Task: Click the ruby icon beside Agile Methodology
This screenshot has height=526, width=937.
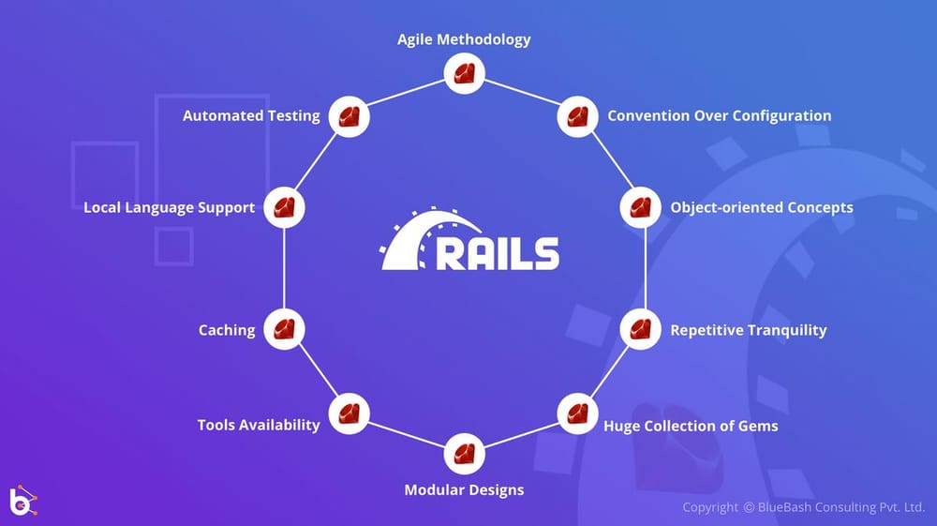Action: point(464,73)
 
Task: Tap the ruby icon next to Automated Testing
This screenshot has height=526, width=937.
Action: point(350,117)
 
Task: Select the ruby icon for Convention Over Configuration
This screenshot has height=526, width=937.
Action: point(577,117)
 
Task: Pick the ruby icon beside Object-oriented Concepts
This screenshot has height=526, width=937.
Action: point(640,207)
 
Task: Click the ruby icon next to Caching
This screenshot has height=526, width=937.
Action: point(284,329)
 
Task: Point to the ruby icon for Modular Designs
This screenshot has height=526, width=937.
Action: point(464,454)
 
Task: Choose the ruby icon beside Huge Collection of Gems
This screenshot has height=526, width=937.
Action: point(577,413)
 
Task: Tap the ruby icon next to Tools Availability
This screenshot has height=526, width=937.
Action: point(350,413)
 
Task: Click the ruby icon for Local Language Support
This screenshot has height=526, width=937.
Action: point(284,207)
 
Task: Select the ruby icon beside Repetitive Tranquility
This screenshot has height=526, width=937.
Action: point(640,329)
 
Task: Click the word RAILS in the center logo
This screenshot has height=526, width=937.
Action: point(498,254)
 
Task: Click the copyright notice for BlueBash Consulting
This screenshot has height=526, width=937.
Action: point(803,507)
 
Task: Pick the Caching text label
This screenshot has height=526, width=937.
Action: point(227,330)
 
